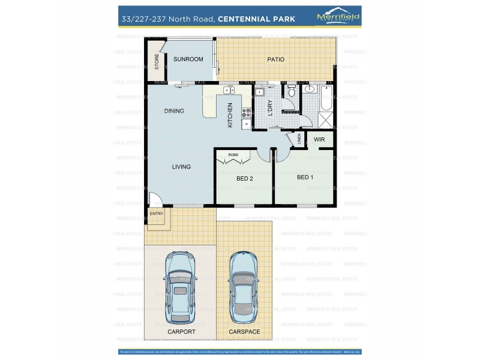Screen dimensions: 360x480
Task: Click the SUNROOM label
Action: [188, 59]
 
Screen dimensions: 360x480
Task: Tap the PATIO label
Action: [275, 59]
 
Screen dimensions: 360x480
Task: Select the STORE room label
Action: [157, 61]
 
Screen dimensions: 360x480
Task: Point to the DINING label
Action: [174, 111]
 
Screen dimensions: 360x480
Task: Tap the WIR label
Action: [319, 139]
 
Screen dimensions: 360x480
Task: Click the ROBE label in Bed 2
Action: [233, 154]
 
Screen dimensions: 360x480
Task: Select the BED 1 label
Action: [305, 177]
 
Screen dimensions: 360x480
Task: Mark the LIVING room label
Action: [181, 167]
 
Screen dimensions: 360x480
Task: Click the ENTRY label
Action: [156, 214]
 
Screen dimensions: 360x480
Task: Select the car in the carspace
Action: [244, 287]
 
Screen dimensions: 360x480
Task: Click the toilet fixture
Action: [292, 92]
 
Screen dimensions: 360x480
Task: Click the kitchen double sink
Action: [229, 91]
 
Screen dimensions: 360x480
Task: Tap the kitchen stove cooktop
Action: [246, 112]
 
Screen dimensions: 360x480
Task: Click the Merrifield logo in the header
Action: [338, 17]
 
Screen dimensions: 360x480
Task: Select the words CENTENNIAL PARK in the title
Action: [256, 19]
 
